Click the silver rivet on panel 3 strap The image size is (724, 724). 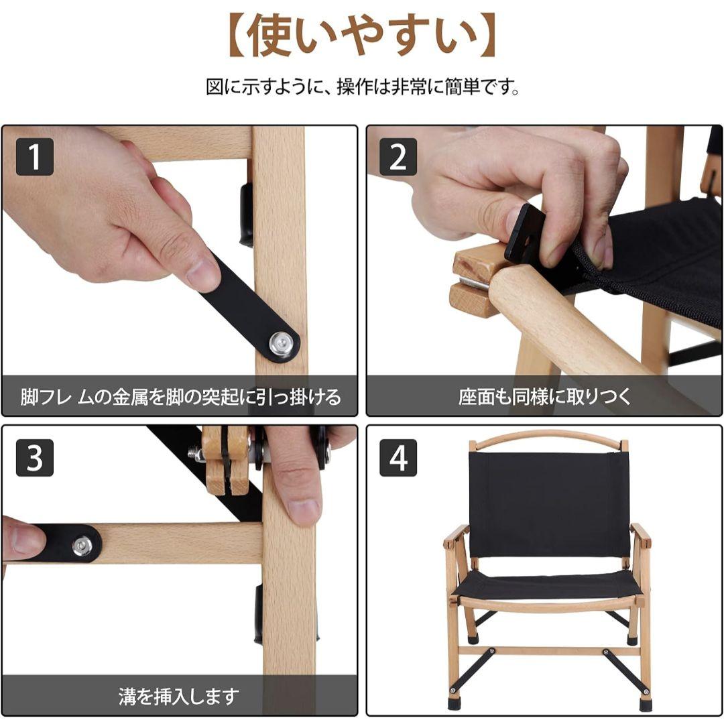pyautogui.click(x=82, y=545)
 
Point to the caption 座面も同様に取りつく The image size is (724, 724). pyautogui.click(x=544, y=396)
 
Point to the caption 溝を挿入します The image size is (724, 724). pyautogui.click(x=179, y=696)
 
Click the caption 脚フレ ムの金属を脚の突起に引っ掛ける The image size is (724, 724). pyautogui.click(x=180, y=396)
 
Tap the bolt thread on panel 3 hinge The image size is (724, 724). pyautogui.click(x=197, y=455)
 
